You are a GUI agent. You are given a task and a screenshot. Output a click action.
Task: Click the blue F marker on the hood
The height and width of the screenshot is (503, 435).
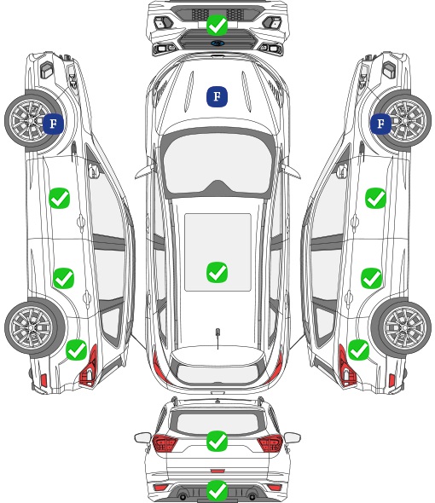tap(217, 96)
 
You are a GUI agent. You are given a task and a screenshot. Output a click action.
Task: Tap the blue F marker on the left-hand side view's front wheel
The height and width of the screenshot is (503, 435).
tap(53, 124)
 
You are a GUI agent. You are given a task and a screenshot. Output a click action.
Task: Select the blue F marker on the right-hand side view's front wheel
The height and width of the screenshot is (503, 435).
tap(380, 124)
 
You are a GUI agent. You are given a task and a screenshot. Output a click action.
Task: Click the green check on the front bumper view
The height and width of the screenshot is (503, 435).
tap(217, 25)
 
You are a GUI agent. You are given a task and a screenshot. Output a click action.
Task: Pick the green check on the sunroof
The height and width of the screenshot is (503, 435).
tap(217, 272)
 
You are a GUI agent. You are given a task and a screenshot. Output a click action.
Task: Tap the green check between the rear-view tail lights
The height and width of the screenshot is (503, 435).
tap(217, 441)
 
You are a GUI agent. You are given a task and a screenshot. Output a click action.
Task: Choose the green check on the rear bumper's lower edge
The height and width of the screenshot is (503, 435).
tap(217, 490)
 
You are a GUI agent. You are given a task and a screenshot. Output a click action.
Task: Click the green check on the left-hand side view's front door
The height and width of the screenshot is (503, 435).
tap(60, 199)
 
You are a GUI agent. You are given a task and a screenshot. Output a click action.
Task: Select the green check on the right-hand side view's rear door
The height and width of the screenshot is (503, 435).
tap(371, 278)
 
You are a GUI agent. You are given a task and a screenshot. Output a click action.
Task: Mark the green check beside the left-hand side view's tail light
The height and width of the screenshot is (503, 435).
tap(77, 350)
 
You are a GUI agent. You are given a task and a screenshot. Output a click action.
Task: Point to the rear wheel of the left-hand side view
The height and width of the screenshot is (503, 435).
tap(32, 327)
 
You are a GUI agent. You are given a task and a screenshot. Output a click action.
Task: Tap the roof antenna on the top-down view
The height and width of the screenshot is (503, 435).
tap(217, 333)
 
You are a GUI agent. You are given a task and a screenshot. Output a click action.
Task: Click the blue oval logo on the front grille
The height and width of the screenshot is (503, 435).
tap(217, 43)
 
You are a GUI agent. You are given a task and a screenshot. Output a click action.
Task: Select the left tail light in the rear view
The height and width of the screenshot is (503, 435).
tap(165, 443)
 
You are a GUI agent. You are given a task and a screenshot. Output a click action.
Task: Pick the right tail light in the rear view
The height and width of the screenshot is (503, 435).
tap(270, 443)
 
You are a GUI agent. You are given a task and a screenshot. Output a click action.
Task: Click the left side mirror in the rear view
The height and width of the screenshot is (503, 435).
tap(142, 437)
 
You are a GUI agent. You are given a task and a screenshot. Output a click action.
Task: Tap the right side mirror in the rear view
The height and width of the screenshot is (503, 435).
tap(293, 437)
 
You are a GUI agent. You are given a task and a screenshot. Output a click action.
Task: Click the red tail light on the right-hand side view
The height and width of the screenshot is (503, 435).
tap(346, 366)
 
